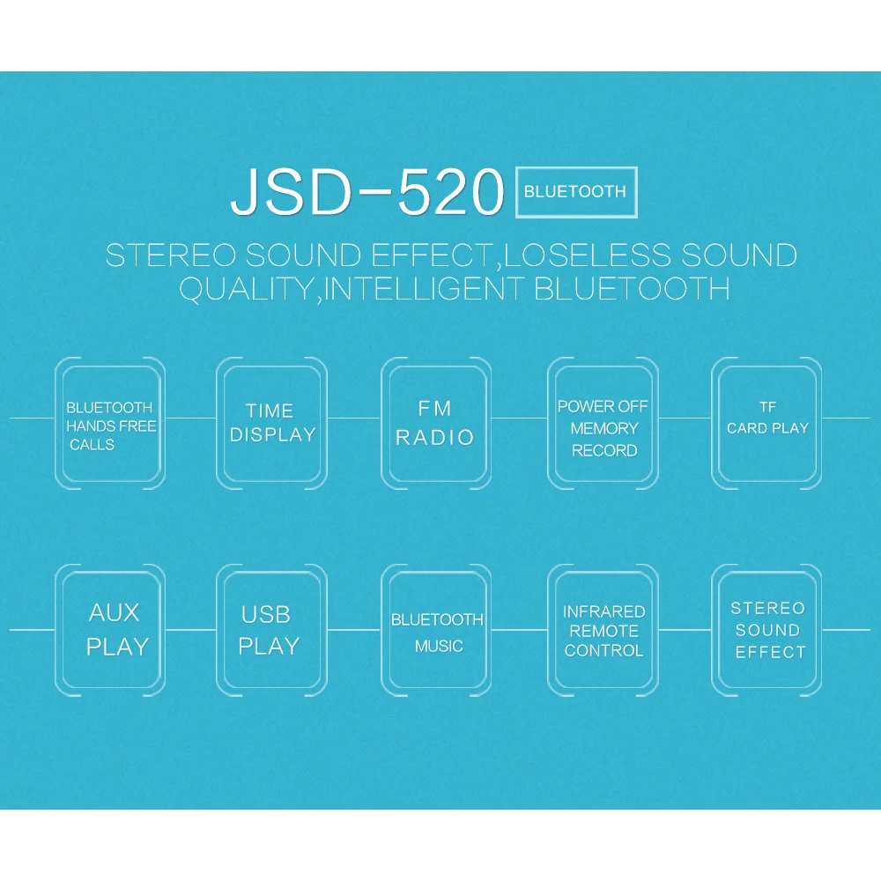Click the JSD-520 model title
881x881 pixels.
366,191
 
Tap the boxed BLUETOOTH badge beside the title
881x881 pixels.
575,191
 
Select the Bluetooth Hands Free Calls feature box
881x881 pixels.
110,424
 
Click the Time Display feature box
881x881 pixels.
271,423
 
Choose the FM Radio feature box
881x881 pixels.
435,423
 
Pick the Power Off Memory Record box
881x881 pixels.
603,424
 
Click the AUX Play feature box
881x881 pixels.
110,629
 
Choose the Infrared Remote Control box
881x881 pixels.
603,630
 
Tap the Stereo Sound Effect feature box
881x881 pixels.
767,629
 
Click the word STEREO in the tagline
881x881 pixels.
170,255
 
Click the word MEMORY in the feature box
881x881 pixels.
604,429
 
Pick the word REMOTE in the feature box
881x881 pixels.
604,631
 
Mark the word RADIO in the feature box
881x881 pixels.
435,437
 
